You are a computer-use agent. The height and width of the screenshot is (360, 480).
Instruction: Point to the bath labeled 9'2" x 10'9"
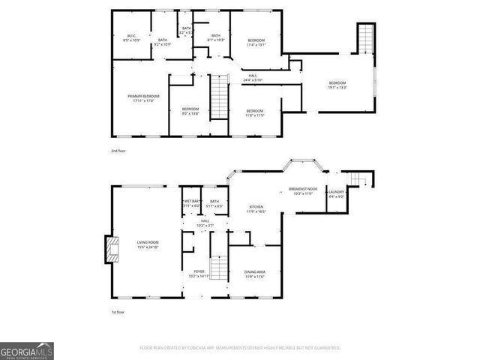pyautogui.click(x=163, y=42)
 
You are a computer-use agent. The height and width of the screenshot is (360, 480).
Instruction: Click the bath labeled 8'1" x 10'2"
pyautogui.click(x=215, y=37)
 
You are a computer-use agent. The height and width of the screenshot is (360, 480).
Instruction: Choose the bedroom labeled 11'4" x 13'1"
pyautogui.click(x=256, y=41)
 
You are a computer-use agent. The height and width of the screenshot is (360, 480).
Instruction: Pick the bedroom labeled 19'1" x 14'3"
pyautogui.click(x=337, y=85)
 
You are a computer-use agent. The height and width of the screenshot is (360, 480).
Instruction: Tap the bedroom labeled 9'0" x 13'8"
pyautogui.click(x=190, y=111)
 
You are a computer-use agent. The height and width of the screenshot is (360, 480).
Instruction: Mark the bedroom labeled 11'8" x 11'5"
pyautogui.click(x=256, y=112)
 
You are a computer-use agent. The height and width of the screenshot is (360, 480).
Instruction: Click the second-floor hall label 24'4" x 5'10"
pyautogui.click(x=253, y=77)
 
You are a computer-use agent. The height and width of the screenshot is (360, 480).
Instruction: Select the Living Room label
pyautogui.click(x=147, y=244)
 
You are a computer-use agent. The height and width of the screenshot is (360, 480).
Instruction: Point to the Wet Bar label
pyautogui.click(x=191, y=203)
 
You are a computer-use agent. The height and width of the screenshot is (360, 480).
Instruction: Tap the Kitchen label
pyautogui.click(x=257, y=209)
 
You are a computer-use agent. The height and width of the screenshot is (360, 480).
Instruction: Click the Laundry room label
pyautogui.click(x=334, y=194)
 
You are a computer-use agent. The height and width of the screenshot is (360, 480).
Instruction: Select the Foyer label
pyautogui.click(x=199, y=273)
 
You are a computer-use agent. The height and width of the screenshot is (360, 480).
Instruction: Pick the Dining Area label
pyautogui.click(x=256, y=274)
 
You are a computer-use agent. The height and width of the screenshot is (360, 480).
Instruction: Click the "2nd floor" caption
pyautogui.click(x=118, y=151)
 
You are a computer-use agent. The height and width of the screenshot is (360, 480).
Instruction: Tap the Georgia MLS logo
pyautogui.click(x=27, y=351)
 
